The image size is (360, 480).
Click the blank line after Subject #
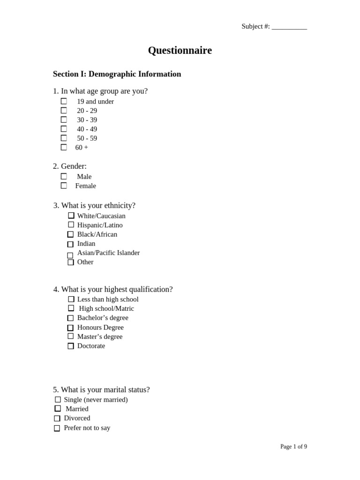click(x=289, y=27)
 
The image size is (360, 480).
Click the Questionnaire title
click(x=180, y=51)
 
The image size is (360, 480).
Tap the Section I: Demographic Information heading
click(x=117, y=74)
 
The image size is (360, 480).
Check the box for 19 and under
click(x=64, y=101)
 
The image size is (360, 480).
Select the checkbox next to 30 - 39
click(x=64, y=120)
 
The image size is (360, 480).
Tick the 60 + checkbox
click(x=64, y=147)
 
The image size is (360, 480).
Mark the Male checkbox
click(x=64, y=176)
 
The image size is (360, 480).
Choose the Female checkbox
click(x=64, y=186)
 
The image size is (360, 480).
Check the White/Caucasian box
click(x=71, y=216)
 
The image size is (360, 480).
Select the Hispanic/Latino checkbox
click(x=71, y=225)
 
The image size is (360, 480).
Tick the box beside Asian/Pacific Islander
click(x=70, y=255)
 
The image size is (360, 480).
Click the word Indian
click(x=86, y=244)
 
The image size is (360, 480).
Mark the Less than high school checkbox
click(x=71, y=299)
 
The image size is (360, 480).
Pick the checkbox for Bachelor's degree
click(x=70, y=318)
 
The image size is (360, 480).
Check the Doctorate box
click(x=71, y=346)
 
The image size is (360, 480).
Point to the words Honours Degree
click(x=100, y=327)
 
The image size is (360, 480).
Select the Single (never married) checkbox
click(x=58, y=399)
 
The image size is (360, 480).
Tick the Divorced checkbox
click(x=57, y=418)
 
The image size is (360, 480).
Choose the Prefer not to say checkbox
click(x=57, y=428)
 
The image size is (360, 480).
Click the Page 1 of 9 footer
click(x=293, y=447)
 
